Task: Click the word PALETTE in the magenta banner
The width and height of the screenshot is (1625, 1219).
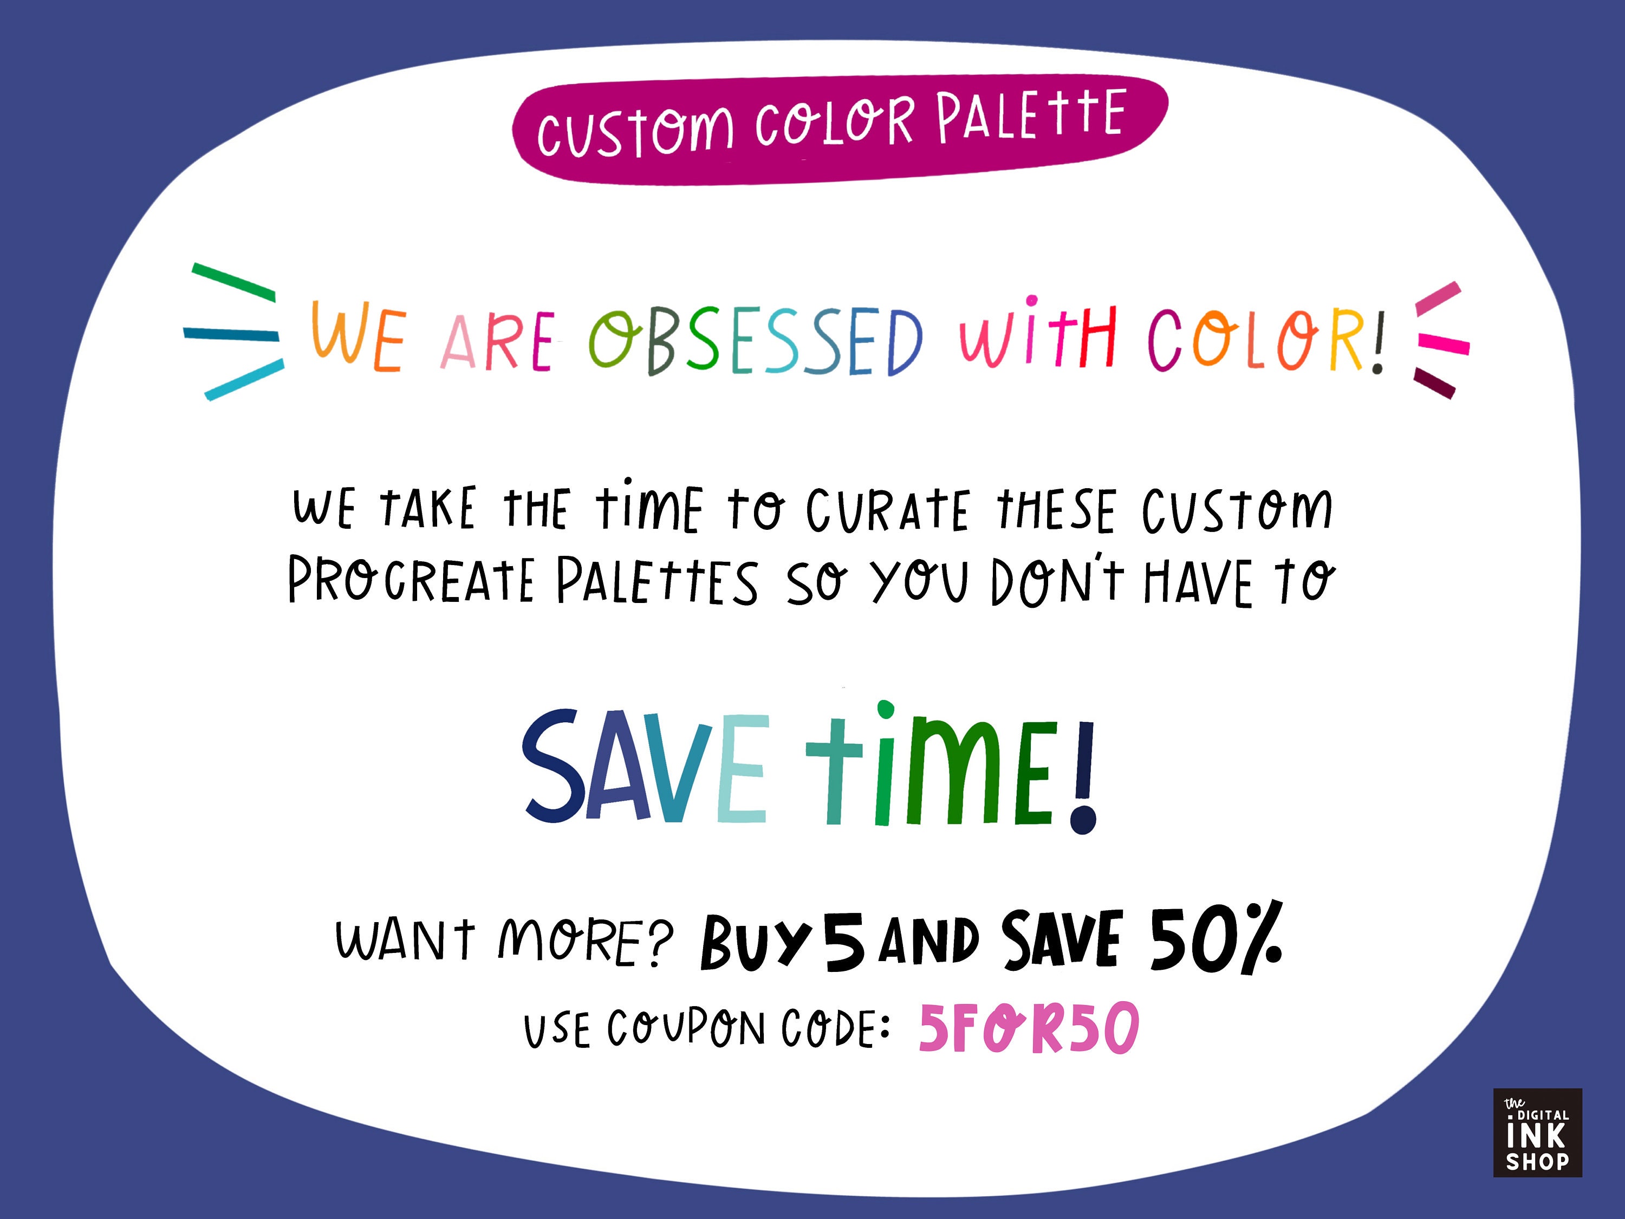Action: pyautogui.click(x=1031, y=116)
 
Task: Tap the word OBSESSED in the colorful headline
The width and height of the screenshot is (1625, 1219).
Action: pyautogui.click(x=755, y=340)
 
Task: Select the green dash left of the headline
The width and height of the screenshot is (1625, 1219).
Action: pyautogui.click(x=233, y=281)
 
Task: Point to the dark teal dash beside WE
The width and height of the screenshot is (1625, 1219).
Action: pyautogui.click(x=231, y=334)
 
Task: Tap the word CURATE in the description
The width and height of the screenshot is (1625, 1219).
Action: pyautogui.click(x=887, y=509)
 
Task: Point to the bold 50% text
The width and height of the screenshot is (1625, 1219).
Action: pyautogui.click(x=1216, y=941)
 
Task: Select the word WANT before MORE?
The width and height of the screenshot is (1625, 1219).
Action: pyautogui.click(x=405, y=940)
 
